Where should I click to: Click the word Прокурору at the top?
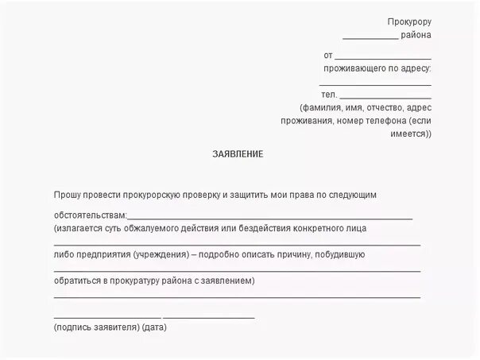409,21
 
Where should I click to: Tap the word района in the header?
416,35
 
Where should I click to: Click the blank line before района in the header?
370,37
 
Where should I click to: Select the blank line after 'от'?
383,57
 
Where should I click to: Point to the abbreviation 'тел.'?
330,95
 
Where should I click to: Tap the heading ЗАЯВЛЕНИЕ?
237,153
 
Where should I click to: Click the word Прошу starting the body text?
68,194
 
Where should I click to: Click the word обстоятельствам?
90,215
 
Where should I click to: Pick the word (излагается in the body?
78,228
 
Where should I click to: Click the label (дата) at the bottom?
155,327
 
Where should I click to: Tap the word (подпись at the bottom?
73,327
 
